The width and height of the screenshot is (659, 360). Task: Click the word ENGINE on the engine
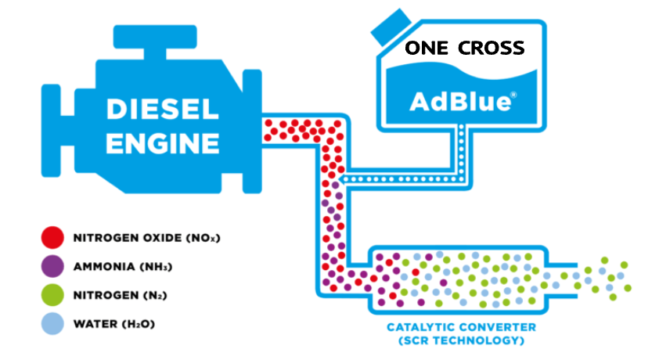162,143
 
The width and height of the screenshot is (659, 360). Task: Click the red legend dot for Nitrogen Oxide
52,237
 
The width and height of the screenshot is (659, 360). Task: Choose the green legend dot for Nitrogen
52,295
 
